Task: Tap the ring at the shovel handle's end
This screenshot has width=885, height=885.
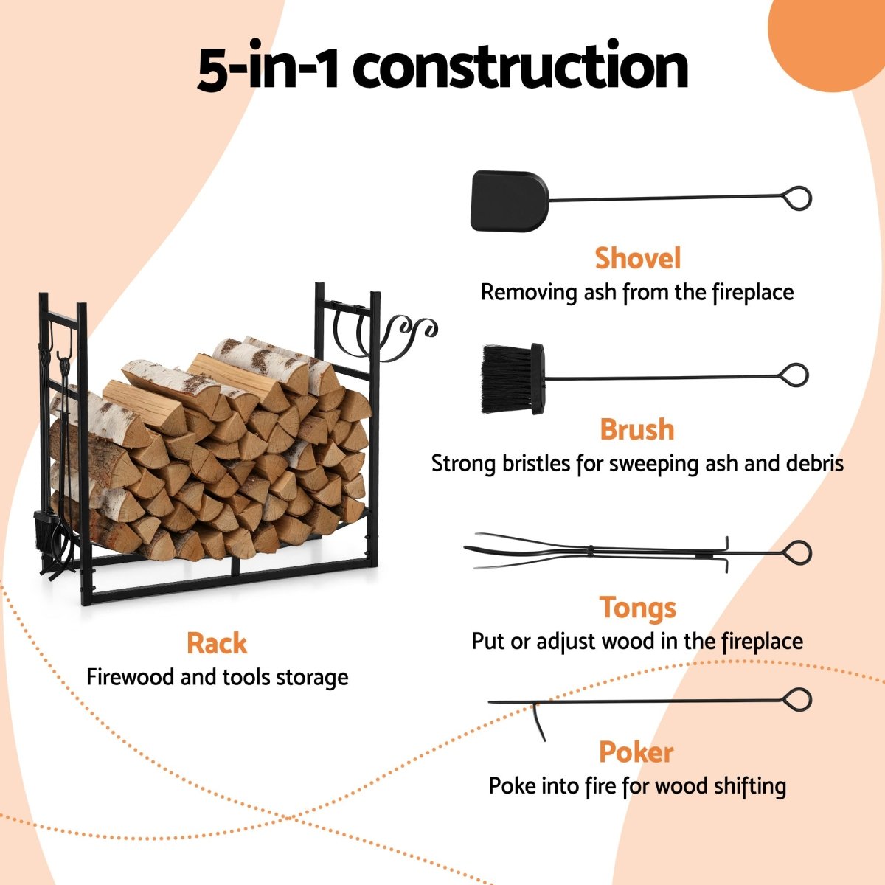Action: pos(797,198)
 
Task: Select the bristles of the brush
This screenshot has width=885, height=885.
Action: pos(505,379)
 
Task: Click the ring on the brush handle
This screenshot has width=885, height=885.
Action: pos(794,375)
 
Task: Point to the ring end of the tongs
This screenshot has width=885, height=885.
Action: pos(797,552)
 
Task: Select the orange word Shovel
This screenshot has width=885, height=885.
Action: pos(637,259)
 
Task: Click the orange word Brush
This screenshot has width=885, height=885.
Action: pos(636,429)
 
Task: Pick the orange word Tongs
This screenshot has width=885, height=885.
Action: pos(637,608)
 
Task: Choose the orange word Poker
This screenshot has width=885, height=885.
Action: pos(636,752)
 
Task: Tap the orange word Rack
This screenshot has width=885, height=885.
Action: pos(217,643)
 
